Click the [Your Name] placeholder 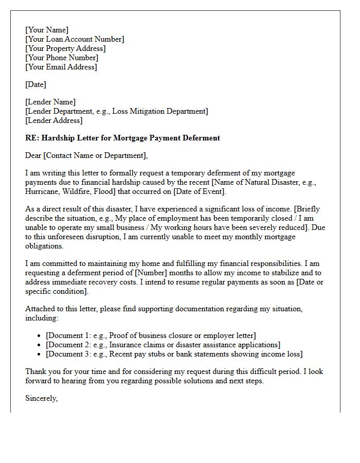click(47, 30)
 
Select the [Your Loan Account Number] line click(75, 39)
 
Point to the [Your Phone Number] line click(62, 58)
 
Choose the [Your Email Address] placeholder click(61, 67)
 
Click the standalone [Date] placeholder click(35, 84)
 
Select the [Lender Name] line click(50, 102)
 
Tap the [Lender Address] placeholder click(54, 120)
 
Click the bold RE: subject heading click(122, 138)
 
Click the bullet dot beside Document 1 click(40, 336)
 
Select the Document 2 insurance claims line click(163, 345)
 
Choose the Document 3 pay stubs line click(174, 354)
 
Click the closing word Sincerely click(42, 398)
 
